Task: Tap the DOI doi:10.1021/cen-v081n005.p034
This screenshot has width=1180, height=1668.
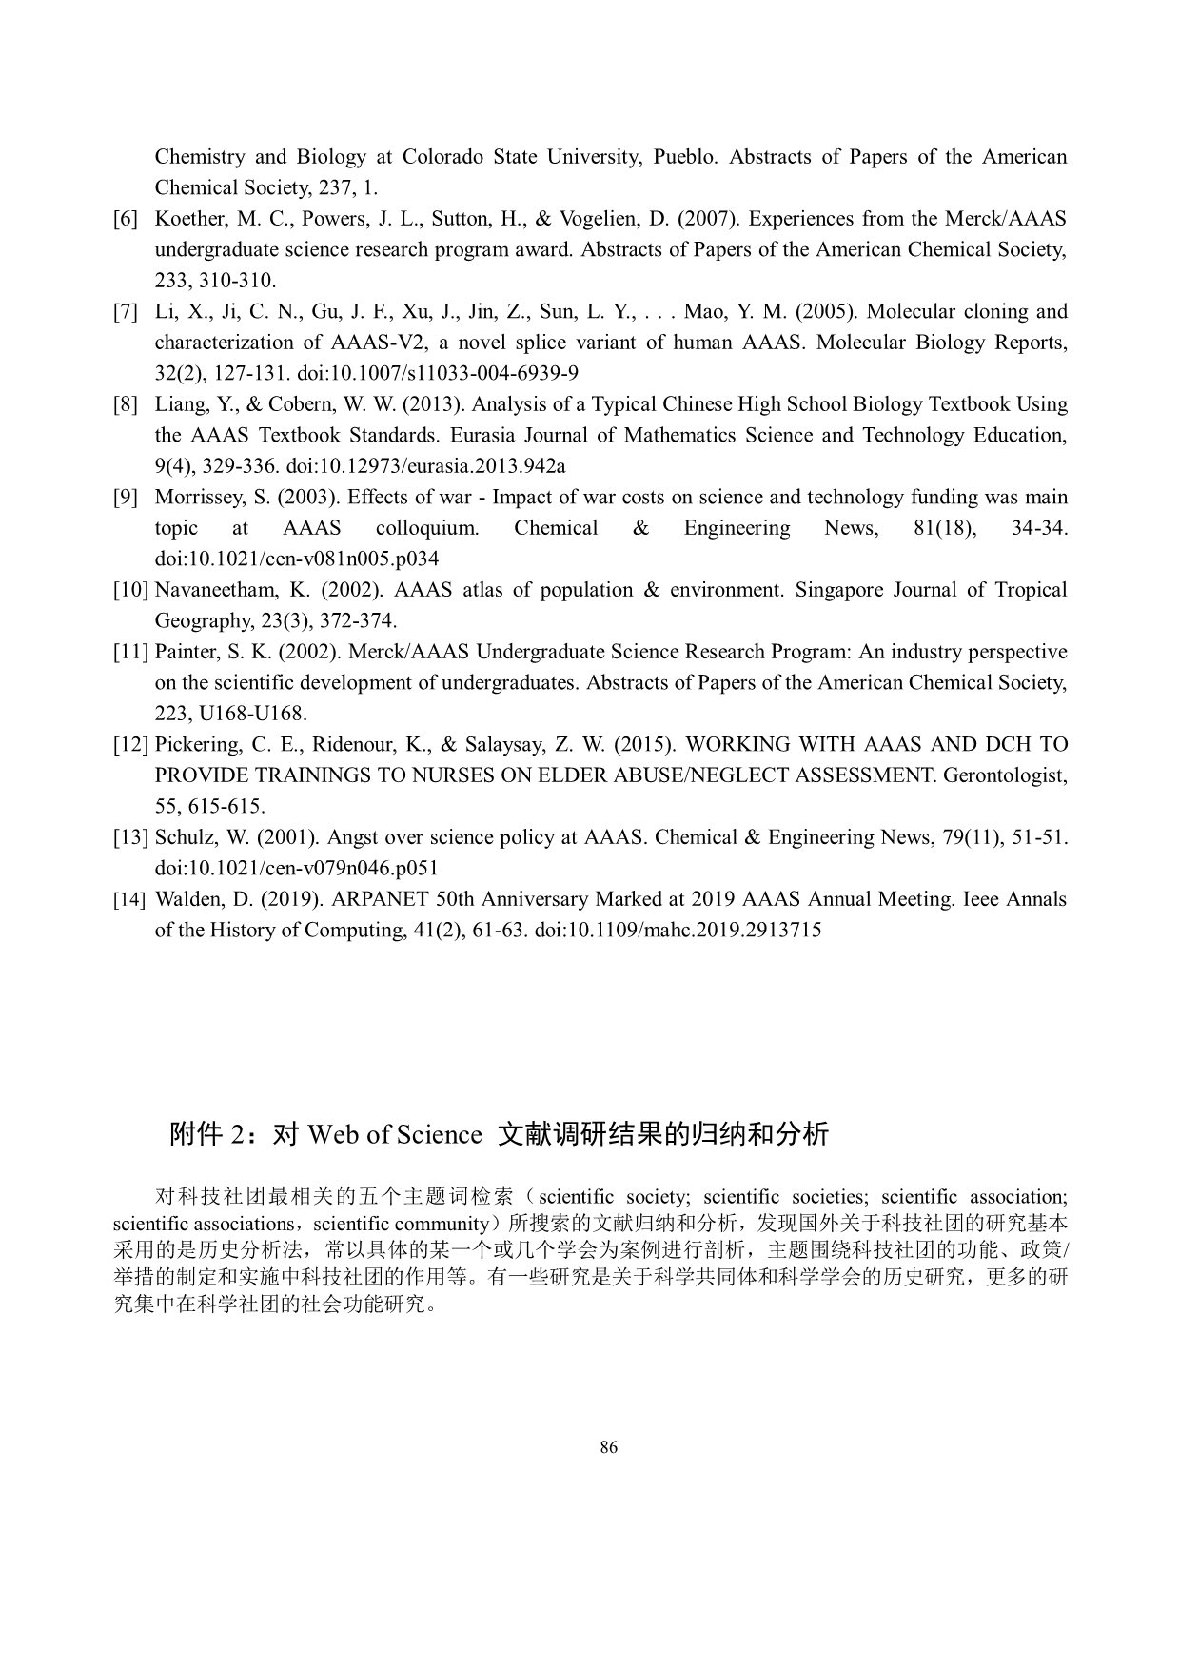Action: pos(297,559)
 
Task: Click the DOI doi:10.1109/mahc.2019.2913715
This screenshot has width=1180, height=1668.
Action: pos(678,930)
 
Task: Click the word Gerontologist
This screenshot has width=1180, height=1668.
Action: pos(1005,775)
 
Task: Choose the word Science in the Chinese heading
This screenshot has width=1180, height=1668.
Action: pos(440,1134)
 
